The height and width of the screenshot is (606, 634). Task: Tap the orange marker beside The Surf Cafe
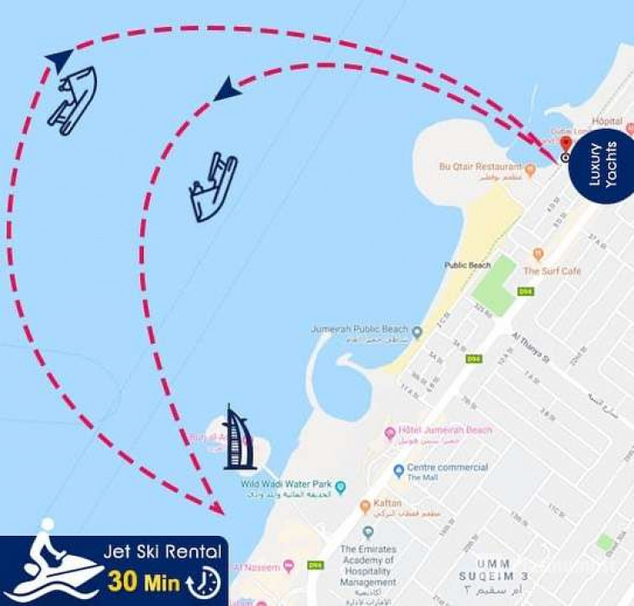click(x=538, y=255)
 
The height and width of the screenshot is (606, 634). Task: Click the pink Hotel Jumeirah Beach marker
click(x=390, y=432)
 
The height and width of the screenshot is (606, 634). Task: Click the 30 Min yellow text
click(x=143, y=579)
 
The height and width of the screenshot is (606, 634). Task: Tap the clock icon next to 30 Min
click(x=204, y=580)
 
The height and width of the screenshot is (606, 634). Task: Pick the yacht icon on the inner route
click(x=213, y=186)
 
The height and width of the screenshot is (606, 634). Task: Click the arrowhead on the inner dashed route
click(x=227, y=87)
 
